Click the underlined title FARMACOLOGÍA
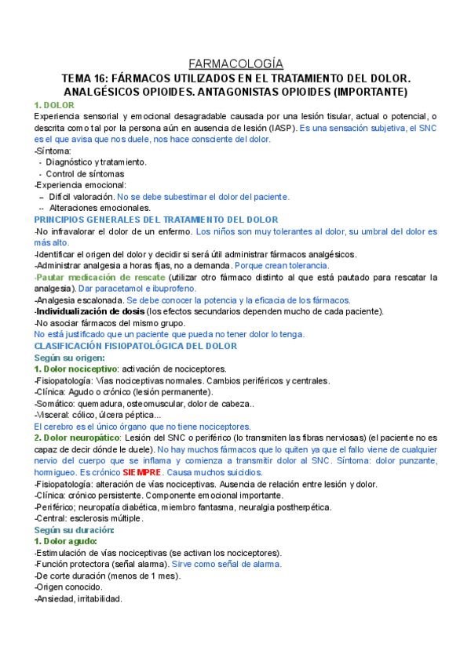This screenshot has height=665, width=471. [x=236, y=64]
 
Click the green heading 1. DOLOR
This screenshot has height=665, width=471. [x=54, y=104]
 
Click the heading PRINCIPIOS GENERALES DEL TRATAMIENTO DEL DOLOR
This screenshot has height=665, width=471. [x=155, y=220]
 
